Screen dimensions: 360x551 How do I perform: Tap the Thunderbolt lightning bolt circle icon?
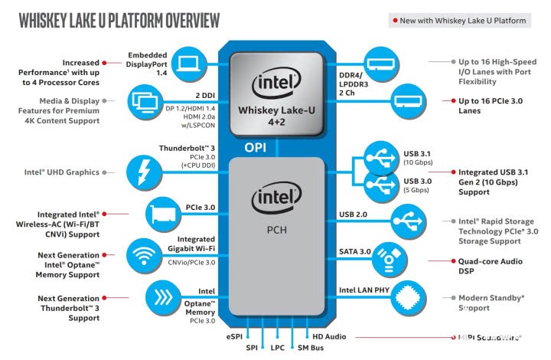pyautogui.click(x=143, y=171)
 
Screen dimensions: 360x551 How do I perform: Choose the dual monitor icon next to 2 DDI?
pyautogui.click(x=143, y=100)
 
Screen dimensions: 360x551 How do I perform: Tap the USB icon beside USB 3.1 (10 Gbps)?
pyautogui.click(x=381, y=158)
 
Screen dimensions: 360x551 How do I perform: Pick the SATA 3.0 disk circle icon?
pyautogui.click(x=390, y=260)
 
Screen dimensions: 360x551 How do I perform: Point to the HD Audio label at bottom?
pyautogui.click(x=329, y=336)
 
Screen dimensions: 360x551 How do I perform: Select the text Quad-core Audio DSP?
pyautogui.click(x=490, y=266)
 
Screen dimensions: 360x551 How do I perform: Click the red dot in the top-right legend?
pyautogui.click(x=394, y=21)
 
